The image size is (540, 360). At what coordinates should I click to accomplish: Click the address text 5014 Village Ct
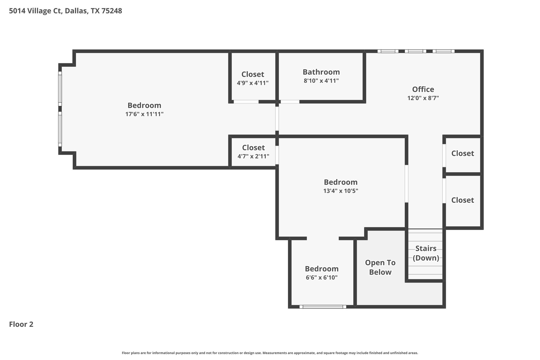tap(36, 11)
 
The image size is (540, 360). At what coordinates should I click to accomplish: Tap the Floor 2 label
tap(21, 324)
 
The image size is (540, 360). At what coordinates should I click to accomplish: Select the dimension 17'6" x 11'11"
tap(144, 114)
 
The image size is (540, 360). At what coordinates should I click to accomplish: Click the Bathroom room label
tap(321, 72)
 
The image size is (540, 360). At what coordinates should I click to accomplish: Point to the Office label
tap(423, 89)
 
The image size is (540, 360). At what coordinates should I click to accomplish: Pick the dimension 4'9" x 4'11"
tap(253, 83)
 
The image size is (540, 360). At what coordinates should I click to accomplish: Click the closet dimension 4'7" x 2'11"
tap(253, 156)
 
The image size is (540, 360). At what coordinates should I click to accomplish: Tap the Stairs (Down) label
tap(426, 253)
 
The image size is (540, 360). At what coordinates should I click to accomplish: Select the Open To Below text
tap(380, 267)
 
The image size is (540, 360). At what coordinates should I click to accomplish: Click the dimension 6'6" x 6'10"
tap(321, 277)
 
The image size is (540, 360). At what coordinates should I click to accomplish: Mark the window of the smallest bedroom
tap(322, 306)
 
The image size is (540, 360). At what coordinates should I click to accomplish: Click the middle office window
tap(415, 51)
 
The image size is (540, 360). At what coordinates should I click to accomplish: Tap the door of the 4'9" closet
tap(246, 102)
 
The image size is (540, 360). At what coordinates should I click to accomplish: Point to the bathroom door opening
tap(290, 102)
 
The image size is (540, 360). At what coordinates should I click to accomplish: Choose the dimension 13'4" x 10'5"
tap(340, 191)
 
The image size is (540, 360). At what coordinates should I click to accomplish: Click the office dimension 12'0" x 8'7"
tap(423, 98)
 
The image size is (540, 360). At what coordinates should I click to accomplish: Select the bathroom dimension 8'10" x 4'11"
tap(321, 81)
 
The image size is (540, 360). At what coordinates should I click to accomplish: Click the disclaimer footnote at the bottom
tap(270, 353)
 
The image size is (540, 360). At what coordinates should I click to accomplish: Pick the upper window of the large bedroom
tap(60, 88)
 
